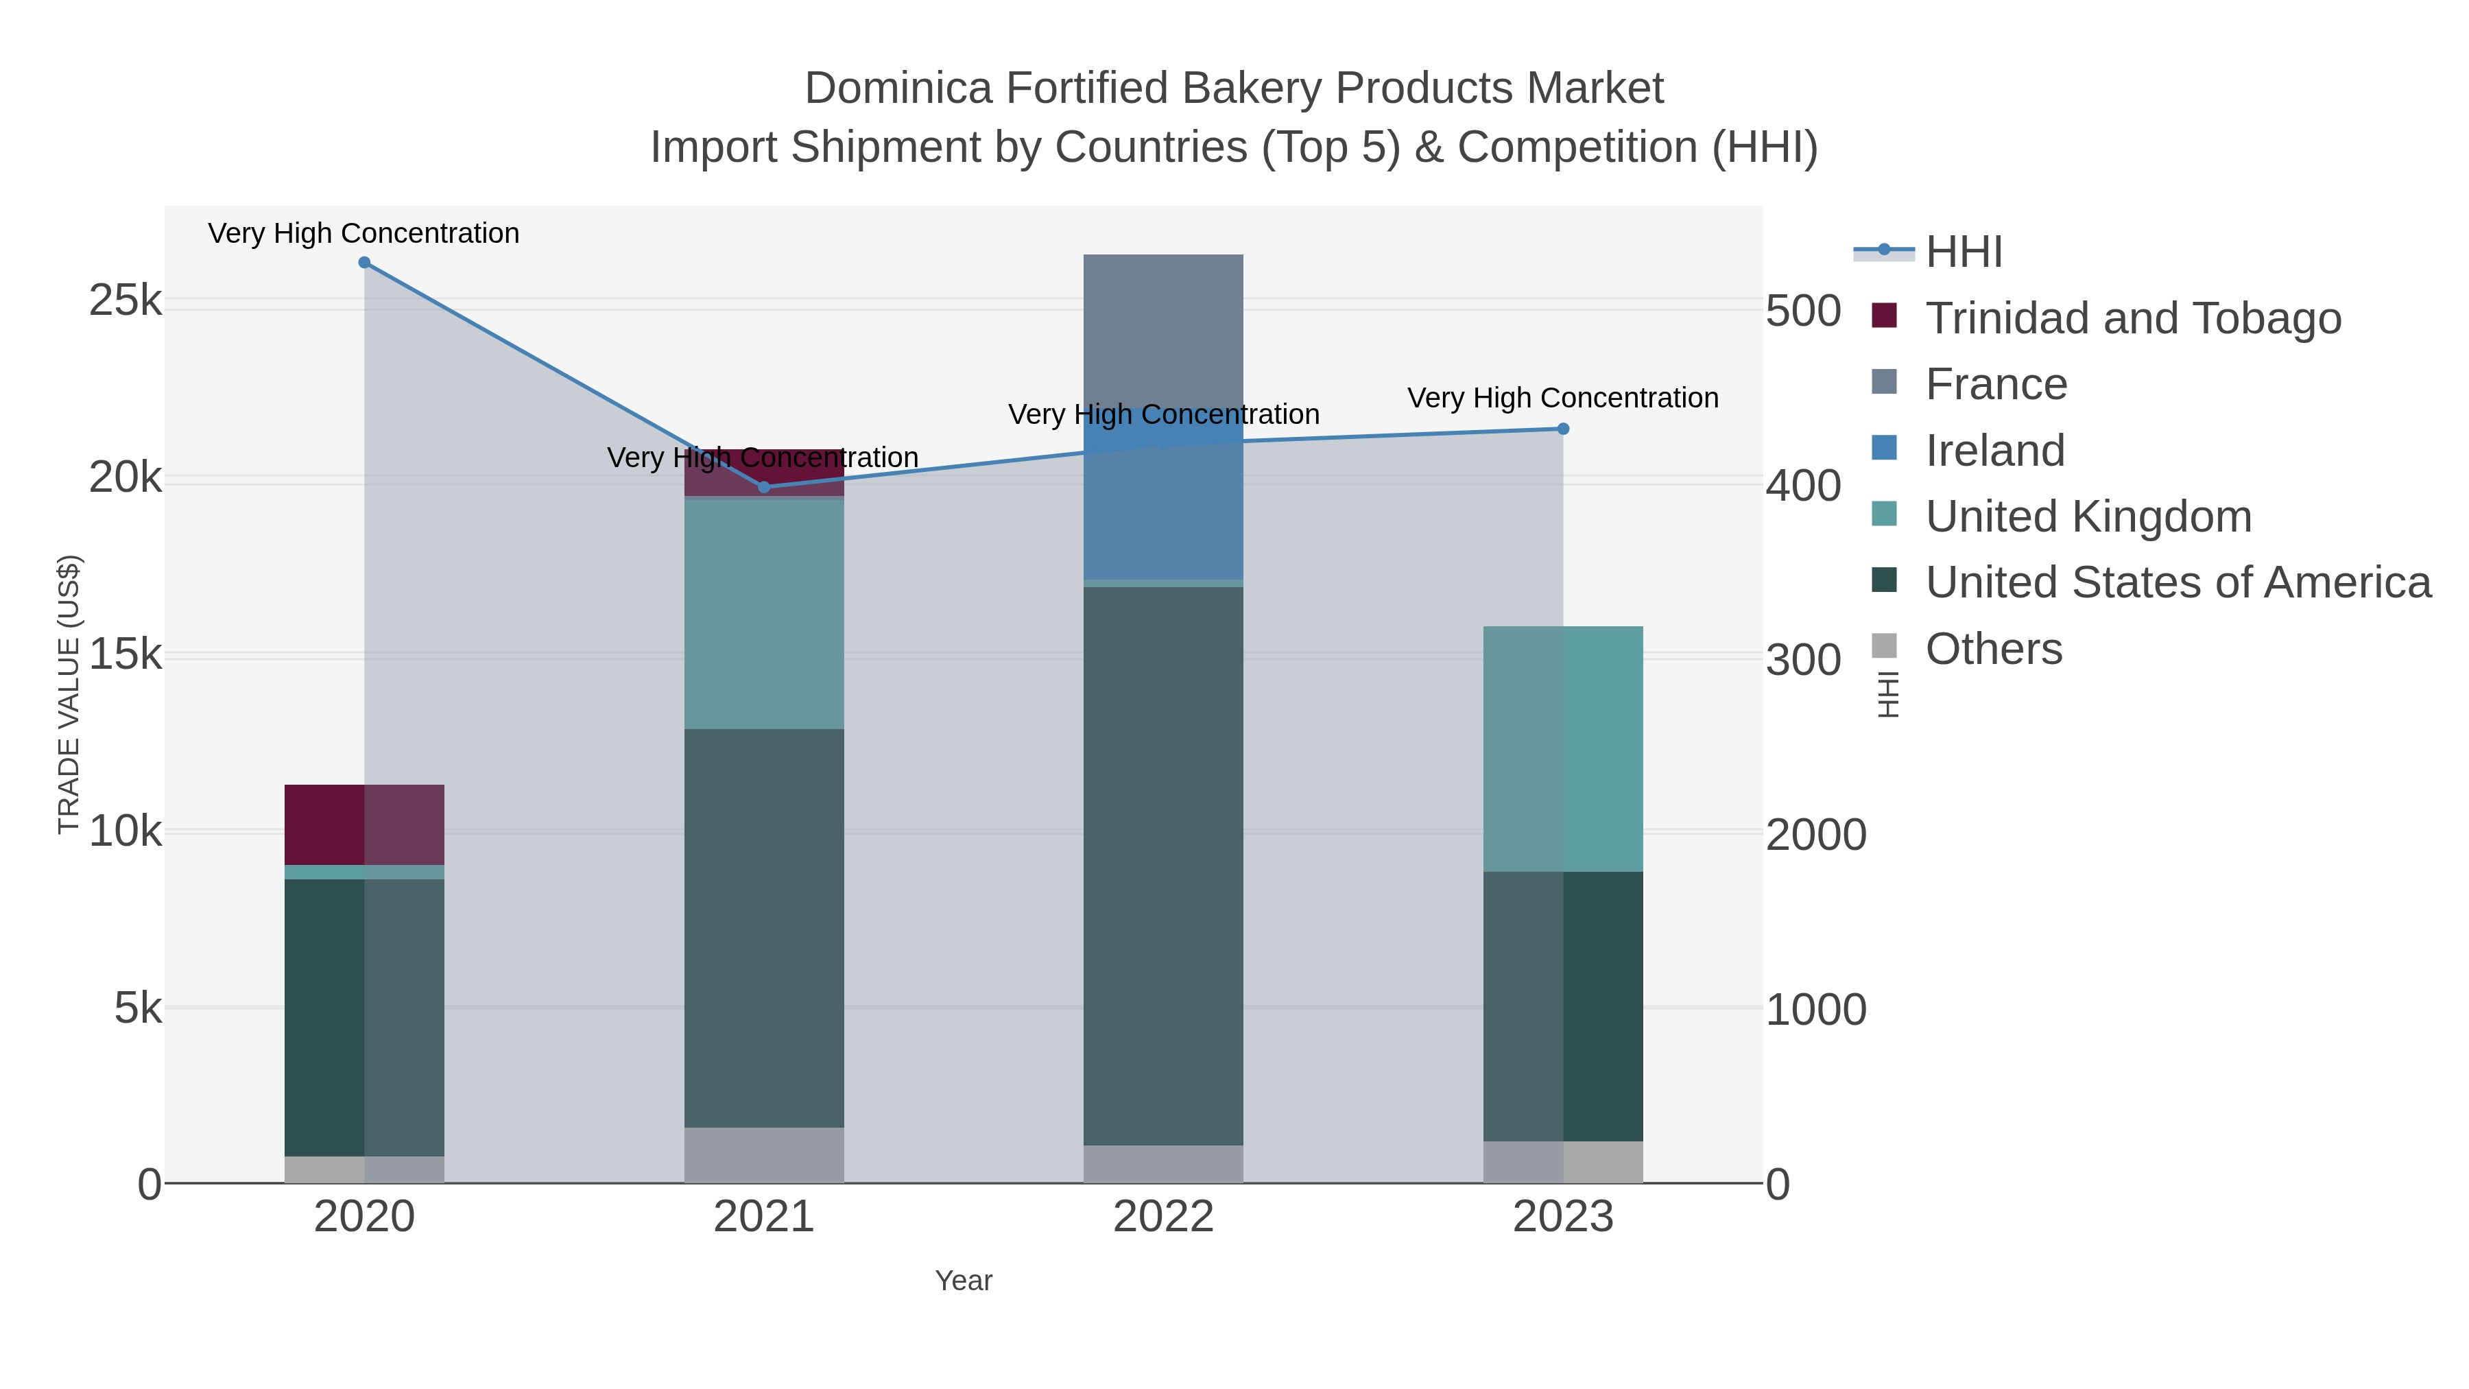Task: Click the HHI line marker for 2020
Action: pos(364,263)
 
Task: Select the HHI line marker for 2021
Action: pos(764,487)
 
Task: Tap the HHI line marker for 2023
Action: pos(1563,429)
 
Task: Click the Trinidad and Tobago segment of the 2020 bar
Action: pos(364,824)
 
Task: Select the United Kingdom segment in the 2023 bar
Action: pos(1563,748)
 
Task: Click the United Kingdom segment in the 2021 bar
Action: pos(764,613)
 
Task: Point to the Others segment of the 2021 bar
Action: pos(764,1155)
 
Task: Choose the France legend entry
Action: pos(1996,384)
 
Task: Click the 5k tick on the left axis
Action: pos(138,1008)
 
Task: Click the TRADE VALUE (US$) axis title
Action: pos(69,694)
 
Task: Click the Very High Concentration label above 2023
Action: pos(1562,398)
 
